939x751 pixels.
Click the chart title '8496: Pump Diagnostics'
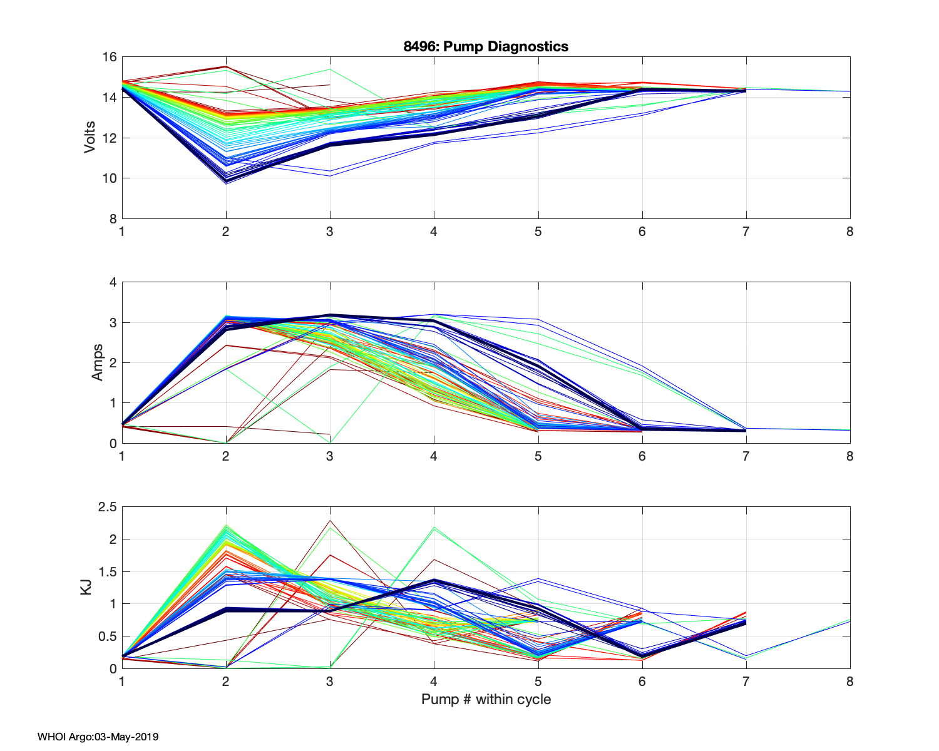click(x=486, y=46)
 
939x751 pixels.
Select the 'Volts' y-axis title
click(x=90, y=138)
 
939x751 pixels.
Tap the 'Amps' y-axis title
click(x=98, y=362)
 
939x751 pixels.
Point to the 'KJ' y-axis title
click(x=86, y=587)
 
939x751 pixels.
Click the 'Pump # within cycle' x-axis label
click(x=486, y=699)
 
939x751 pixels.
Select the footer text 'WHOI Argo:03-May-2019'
click(x=98, y=737)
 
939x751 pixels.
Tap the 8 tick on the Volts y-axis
click(x=113, y=219)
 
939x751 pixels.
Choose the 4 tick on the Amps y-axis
click(x=113, y=282)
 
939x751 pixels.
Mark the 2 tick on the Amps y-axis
click(x=113, y=363)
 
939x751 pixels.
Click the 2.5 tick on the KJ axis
click(x=107, y=507)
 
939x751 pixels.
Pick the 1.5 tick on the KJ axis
click(x=107, y=571)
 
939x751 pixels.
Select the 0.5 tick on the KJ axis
click(x=107, y=636)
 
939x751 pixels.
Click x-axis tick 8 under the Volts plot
click(x=849, y=232)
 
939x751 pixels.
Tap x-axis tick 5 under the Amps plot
click(x=538, y=456)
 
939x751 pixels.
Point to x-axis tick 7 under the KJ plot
click(x=746, y=682)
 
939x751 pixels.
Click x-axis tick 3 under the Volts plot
click(x=330, y=232)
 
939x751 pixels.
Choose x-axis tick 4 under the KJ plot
click(x=434, y=682)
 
